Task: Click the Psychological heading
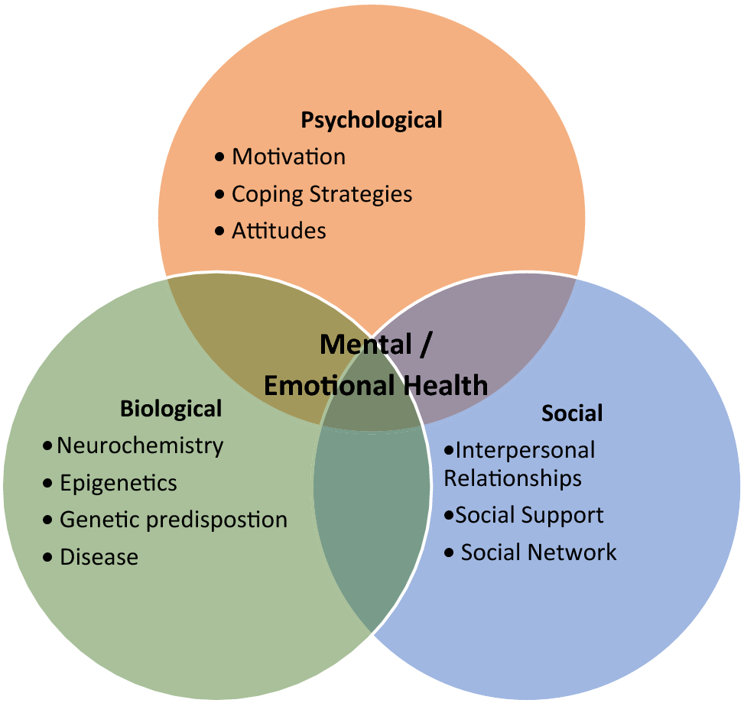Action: click(x=372, y=120)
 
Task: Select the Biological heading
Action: click(x=171, y=409)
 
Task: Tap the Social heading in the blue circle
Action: click(x=572, y=413)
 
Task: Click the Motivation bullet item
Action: click(x=288, y=157)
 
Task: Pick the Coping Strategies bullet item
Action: click(x=322, y=194)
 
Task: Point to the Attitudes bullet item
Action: click(x=279, y=231)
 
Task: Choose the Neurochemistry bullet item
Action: click(x=140, y=445)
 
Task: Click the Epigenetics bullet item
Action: click(x=119, y=483)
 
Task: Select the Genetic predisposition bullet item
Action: click(x=174, y=520)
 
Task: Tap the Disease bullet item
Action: click(x=99, y=557)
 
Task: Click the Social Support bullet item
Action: click(x=529, y=515)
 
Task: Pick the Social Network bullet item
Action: click(x=538, y=552)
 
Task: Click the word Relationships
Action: click(x=512, y=478)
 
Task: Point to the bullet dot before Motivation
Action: click(x=220, y=157)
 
